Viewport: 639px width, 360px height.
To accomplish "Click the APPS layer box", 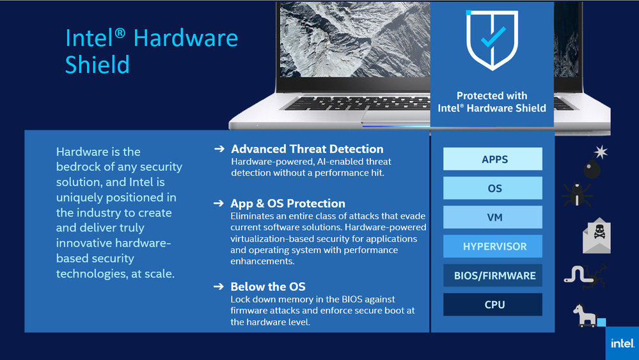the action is (x=493, y=159).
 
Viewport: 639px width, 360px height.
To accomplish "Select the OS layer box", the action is (x=493, y=188).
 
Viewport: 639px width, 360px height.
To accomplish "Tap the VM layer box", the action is (x=493, y=217).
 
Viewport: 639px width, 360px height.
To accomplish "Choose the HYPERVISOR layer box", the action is (x=493, y=246).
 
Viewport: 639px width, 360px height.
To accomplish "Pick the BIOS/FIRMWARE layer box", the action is (x=493, y=276).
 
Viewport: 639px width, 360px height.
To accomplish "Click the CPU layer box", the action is (x=493, y=304).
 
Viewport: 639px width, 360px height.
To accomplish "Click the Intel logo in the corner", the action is (x=622, y=343).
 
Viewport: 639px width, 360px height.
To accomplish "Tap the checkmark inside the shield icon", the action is (x=493, y=37).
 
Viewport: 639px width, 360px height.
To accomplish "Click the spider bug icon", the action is (x=577, y=194).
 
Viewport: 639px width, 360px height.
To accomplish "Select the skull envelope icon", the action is (x=597, y=235).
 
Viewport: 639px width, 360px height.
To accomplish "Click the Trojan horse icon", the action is (x=586, y=315).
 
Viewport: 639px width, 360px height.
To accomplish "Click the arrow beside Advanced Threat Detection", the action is (x=219, y=149).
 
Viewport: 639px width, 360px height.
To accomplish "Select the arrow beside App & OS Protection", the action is (x=219, y=203).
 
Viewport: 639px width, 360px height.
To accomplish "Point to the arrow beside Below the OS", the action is (x=219, y=286).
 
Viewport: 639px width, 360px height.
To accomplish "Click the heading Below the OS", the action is (x=268, y=286).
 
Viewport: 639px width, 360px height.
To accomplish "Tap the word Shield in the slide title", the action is (x=97, y=65).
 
